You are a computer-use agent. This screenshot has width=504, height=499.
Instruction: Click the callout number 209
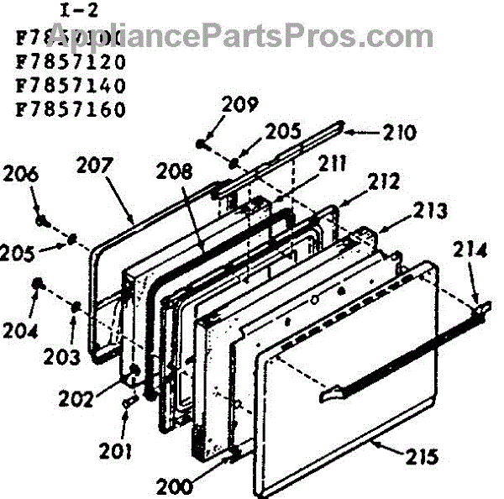click(x=240, y=105)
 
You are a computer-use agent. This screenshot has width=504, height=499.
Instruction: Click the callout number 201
click(x=115, y=452)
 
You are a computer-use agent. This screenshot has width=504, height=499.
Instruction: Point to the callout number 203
click(x=63, y=356)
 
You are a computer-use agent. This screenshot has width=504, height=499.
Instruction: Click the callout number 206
click(x=21, y=175)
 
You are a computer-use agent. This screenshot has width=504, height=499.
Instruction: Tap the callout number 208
click(x=175, y=172)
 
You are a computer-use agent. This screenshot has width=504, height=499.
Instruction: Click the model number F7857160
click(x=71, y=109)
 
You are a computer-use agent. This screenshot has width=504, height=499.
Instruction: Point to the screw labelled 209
click(x=202, y=143)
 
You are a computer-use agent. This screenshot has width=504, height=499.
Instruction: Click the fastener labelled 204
click(x=38, y=284)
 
